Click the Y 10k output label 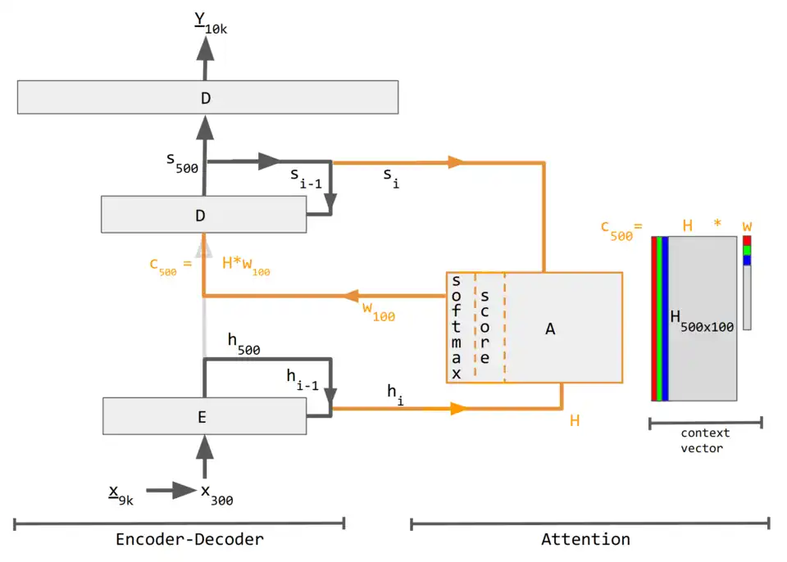coord(211,23)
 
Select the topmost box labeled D coord(207,97)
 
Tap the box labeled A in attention coord(551,328)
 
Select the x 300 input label coord(216,493)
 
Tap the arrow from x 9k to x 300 coord(171,492)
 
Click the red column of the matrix coord(654,319)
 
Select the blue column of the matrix coord(666,319)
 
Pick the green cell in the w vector coord(747,250)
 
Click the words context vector coord(705,440)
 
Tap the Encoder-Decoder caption coord(189,539)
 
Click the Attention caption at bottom coord(585,539)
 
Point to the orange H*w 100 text coord(246,265)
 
